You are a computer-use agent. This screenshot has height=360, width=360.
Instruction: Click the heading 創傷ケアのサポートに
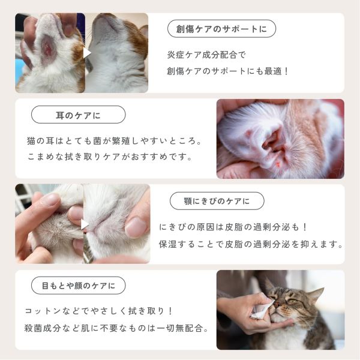pos(221,29)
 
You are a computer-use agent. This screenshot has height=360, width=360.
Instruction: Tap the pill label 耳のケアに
pos(78,115)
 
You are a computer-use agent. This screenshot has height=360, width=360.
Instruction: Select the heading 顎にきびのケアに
pos(217,201)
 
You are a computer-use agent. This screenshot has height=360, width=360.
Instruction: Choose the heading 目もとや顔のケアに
pos(78,286)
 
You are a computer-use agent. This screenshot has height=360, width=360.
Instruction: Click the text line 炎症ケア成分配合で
pos(206,55)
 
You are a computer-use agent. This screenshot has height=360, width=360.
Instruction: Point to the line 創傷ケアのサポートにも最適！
pos(227,71)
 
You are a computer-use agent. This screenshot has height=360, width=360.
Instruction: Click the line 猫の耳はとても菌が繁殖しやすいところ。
pos(114,141)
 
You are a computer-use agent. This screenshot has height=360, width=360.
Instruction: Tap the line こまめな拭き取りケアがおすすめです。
pos(110,157)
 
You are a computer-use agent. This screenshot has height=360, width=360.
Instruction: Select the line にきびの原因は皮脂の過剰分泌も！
pos(233,227)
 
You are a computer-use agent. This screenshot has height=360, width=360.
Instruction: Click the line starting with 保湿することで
pos(251,244)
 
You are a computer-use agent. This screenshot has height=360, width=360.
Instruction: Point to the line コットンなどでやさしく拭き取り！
pos(98,311)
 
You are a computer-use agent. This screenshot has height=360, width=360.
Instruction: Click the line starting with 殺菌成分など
pos(116,328)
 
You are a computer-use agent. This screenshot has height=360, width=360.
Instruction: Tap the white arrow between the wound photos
pos(87,53)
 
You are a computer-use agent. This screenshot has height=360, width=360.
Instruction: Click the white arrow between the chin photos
pos(85,224)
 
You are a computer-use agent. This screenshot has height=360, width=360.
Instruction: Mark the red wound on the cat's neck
pos(49,50)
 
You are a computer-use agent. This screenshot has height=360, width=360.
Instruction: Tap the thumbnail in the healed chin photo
pos(136,227)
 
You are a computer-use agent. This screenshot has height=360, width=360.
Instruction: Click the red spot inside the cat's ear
pos(278,164)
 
